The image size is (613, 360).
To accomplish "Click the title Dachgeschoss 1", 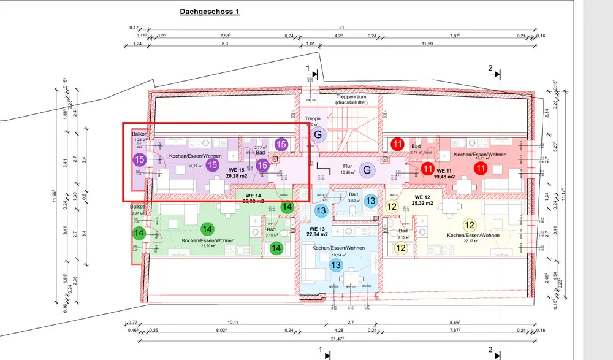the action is pos(210,12).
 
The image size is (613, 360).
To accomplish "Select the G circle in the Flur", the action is pos(366,170).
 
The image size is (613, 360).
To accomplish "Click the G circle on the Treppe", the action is pos(318,134).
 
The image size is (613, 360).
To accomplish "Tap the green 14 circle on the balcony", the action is pos(139,233).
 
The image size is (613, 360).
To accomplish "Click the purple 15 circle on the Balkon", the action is pos(139,159).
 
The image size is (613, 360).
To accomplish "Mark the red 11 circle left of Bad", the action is pos(398,145).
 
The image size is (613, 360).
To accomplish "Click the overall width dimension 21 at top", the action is pos(341,28).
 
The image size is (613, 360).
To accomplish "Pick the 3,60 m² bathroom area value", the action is pos(354,201).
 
